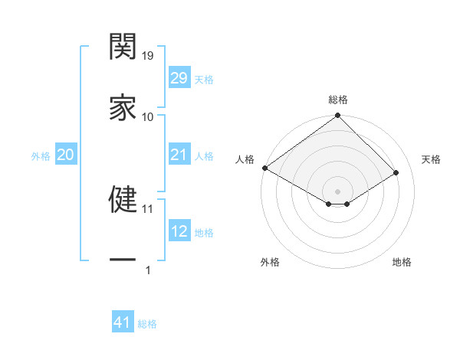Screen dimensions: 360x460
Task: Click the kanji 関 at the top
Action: point(123,47)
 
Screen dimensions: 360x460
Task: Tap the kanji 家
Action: point(123,107)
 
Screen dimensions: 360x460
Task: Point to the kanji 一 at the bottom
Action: point(123,260)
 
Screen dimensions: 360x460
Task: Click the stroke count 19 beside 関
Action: point(148,55)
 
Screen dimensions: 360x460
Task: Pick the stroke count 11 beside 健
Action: point(148,208)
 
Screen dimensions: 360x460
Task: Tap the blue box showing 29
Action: point(179,78)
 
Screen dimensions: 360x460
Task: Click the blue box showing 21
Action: point(179,155)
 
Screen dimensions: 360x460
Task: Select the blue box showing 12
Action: point(179,232)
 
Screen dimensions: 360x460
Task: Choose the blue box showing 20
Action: point(65,155)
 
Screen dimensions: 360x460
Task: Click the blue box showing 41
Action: point(123,323)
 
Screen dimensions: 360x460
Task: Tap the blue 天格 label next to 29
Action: point(204,79)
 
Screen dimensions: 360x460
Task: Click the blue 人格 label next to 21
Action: point(204,156)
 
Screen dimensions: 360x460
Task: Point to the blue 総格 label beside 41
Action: point(147,324)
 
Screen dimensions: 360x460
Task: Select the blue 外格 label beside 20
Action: point(41,156)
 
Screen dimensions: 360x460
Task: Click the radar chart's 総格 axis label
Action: point(338,100)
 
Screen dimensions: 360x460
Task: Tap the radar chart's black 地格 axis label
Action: point(402,263)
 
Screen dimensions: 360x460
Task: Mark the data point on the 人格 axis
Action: point(264,168)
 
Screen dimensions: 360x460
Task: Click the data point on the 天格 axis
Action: point(396,173)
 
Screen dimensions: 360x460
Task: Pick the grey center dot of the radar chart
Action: point(337,191)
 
